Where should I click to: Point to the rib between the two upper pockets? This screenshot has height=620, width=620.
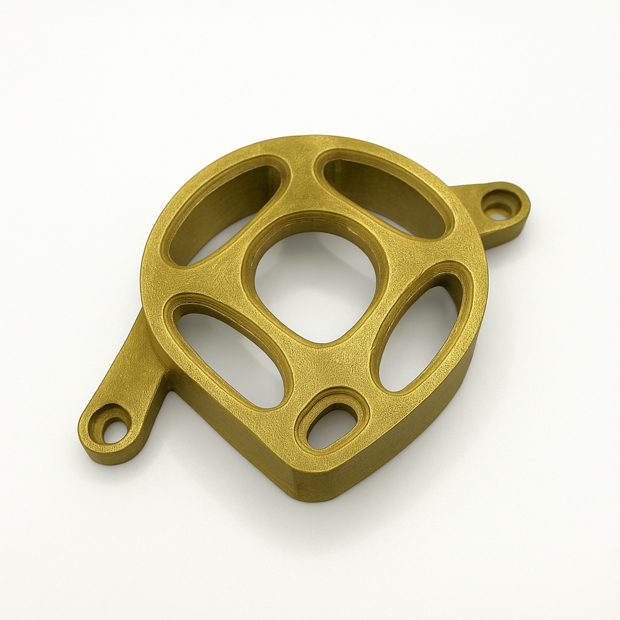[300, 182]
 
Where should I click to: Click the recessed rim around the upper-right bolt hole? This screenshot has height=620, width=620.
[506, 200]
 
